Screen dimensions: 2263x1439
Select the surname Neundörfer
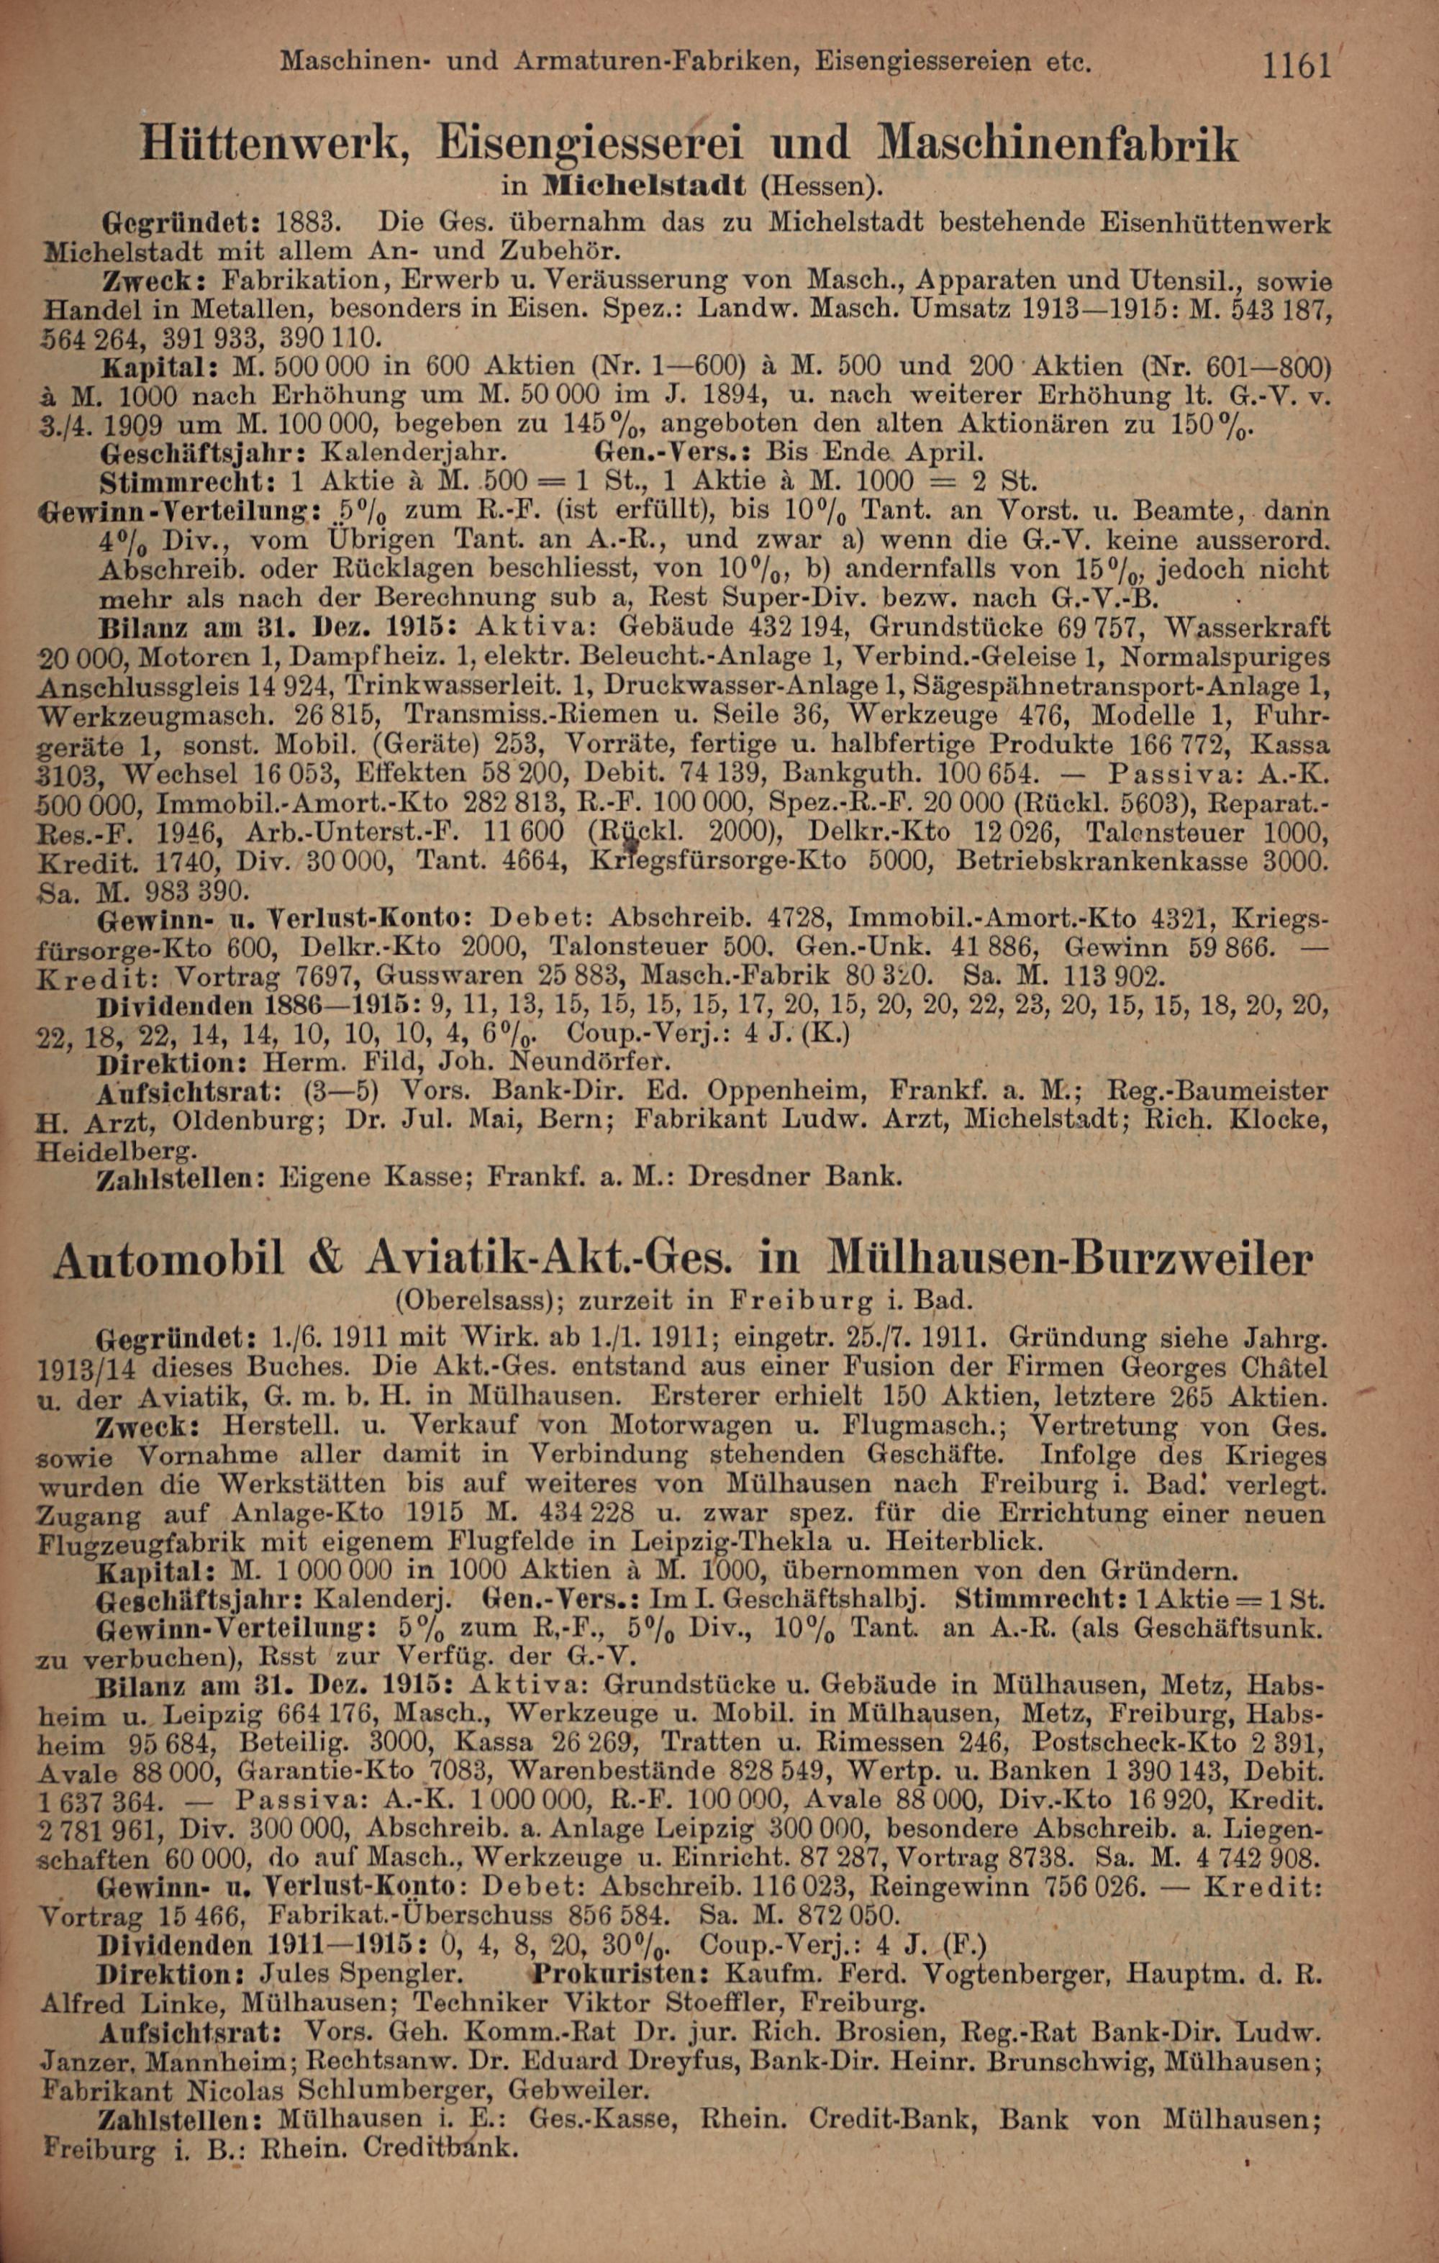pyautogui.click(x=590, y=1063)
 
